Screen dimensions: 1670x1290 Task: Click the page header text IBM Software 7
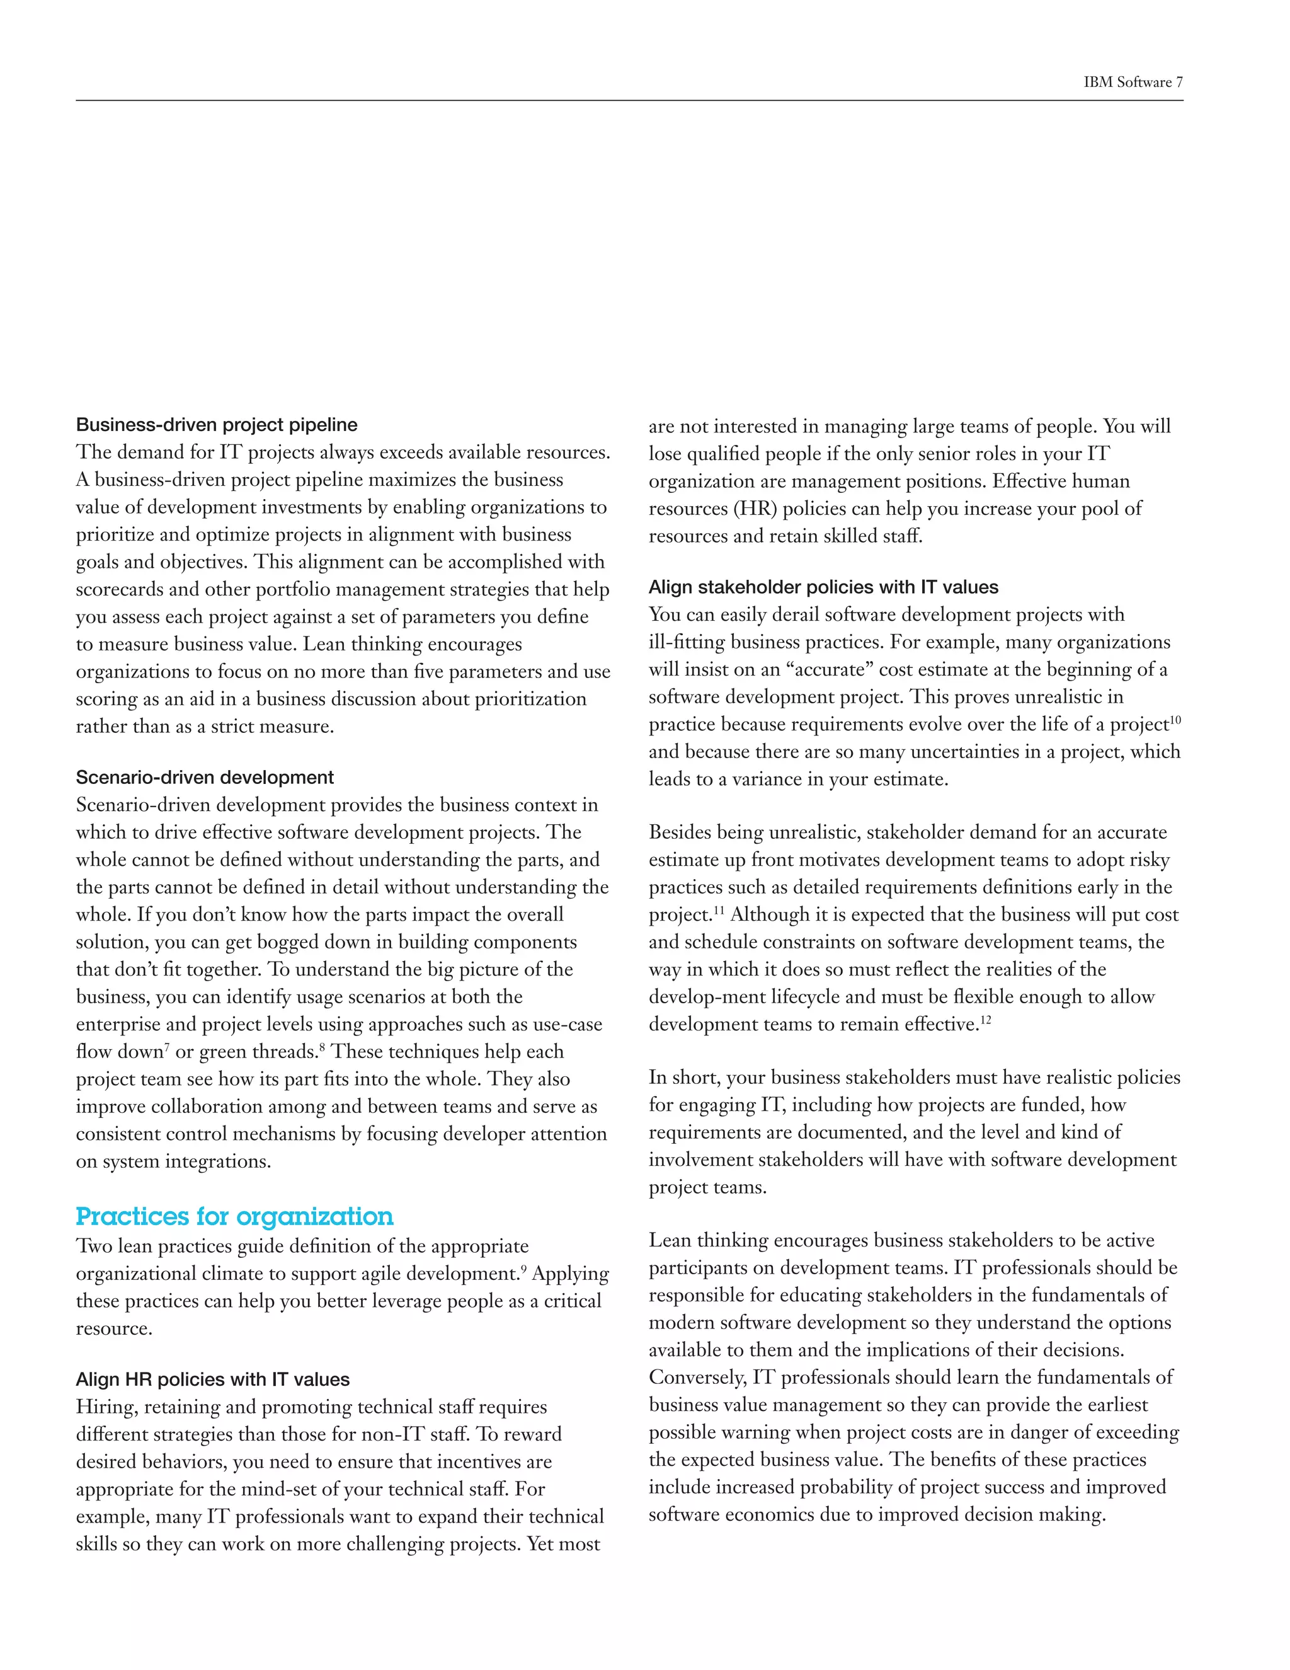[x=1133, y=83]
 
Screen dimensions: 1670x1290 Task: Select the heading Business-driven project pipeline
[x=216, y=425]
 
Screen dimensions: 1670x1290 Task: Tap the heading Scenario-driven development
[x=204, y=778]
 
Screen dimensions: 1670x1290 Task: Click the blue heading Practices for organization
[x=234, y=1216]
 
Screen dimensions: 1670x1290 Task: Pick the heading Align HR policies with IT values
[x=212, y=1379]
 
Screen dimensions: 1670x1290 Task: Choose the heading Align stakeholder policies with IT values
[x=823, y=587]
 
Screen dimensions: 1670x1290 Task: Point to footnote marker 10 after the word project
[x=1175, y=720]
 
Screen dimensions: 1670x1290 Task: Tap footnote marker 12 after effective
[x=985, y=1019]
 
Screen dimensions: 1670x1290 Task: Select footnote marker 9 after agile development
[x=523, y=1269]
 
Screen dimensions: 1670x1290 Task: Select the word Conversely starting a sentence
[x=697, y=1378]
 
